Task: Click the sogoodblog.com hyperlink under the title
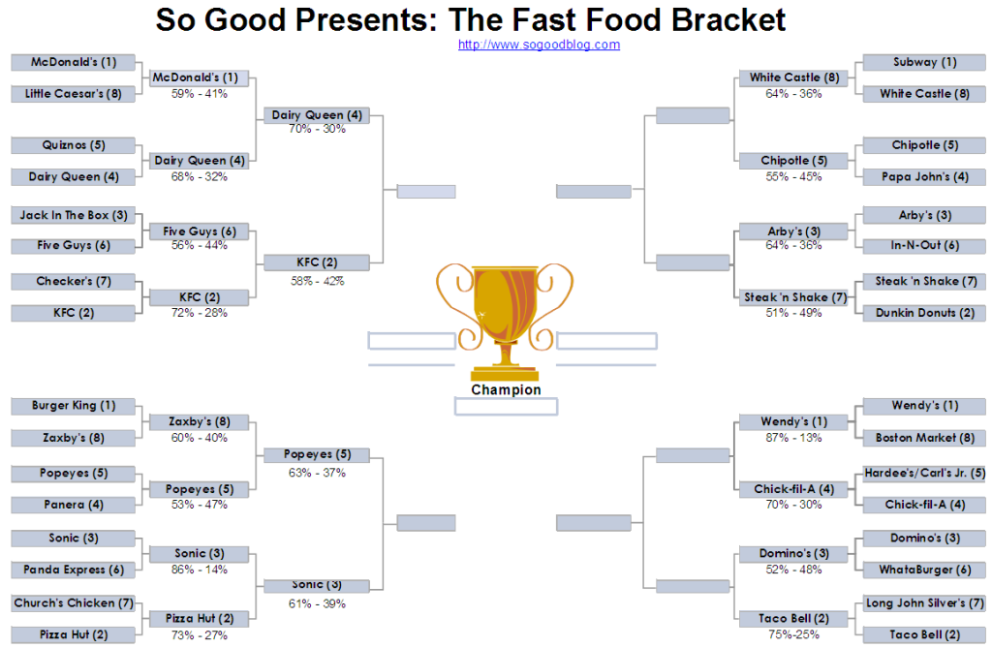click(x=539, y=45)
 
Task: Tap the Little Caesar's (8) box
click(x=74, y=94)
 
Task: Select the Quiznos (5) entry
click(x=74, y=145)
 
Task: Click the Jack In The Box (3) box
click(x=74, y=215)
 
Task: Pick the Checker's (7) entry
click(x=74, y=281)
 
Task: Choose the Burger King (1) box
click(x=74, y=406)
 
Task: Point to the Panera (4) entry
click(x=74, y=505)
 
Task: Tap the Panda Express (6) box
click(x=74, y=571)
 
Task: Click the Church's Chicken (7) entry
click(x=74, y=603)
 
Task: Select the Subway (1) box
click(x=924, y=62)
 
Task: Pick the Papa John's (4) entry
click(x=924, y=177)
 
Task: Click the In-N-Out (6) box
click(x=924, y=245)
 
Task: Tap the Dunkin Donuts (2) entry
click(x=924, y=313)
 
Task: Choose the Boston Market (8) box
click(x=924, y=438)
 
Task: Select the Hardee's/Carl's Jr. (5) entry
click(x=924, y=474)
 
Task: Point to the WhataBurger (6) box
click(x=924, y=571)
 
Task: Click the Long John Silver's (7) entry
click(x=924, y=603)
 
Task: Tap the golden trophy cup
click(x=505, y=317)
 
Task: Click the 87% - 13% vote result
click(x=793, y=438)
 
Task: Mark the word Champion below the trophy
click(x=506, y=389)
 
